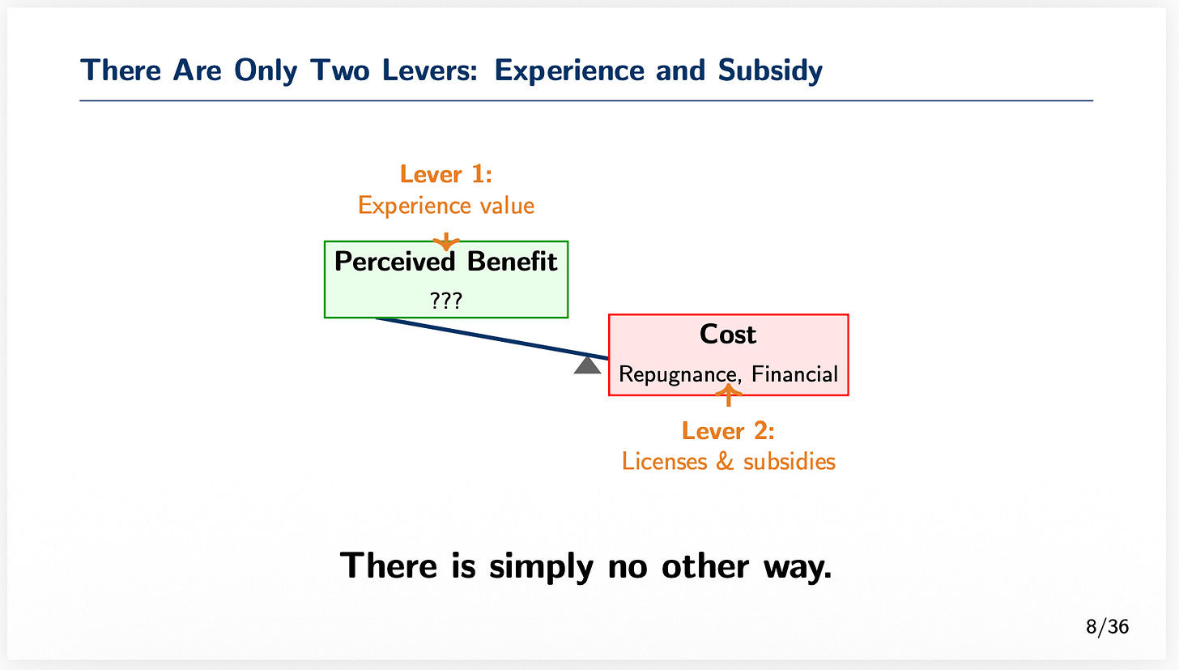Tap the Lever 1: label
click(x=446, y=174)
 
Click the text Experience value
click(x=446, y=206)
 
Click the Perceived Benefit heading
click(x=446, y=262)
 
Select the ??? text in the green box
click(x=446, y=301)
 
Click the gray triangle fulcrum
click(x=587, y=366)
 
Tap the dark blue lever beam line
click(x=486, y=336)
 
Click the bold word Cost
click(x=728, y=335)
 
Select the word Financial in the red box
click(x=794, y=374)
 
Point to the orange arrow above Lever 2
click(x=729, y=395)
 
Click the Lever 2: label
click(x=728, y=430)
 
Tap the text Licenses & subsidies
click(x=728, y=462)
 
